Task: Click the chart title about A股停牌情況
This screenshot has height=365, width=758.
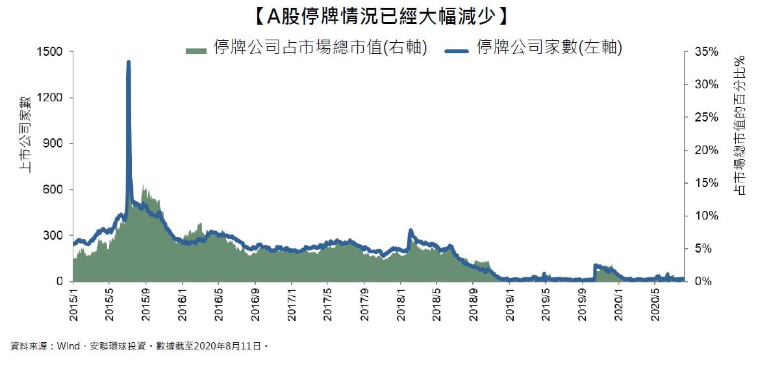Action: pyautogui.click(x=378, y=15)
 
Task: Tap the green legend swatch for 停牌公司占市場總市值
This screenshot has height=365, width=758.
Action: pyautogui.click(x=196, y=50)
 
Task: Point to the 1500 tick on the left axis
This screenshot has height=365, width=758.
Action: pyautogui.click(x=49, y=52)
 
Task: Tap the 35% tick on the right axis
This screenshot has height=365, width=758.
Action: pyautogui.click(x=706, y=52)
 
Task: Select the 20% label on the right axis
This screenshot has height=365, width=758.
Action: pyautogui.click(x=706, y=151)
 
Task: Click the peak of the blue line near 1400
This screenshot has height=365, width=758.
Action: pyautogui.click(x=129, y=63)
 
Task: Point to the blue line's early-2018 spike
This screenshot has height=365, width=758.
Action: pyautogui.click(x=411, y=231)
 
